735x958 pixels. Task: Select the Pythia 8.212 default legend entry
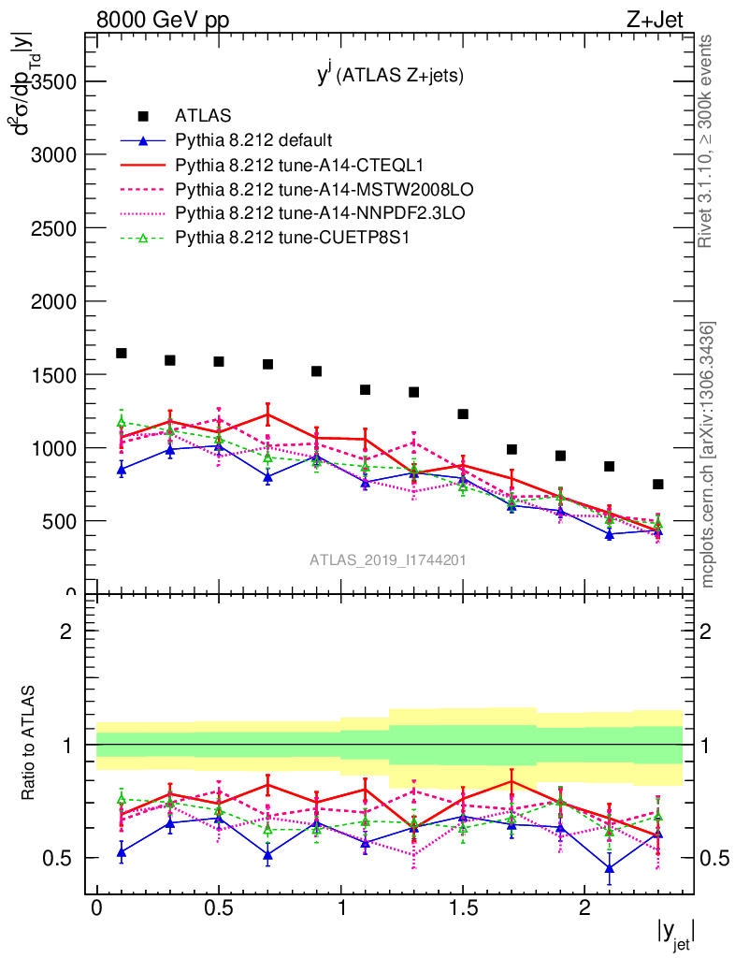click(x=253, y=141)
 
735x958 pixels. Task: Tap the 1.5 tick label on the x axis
click(x=463, y=908)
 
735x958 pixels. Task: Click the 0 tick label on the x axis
click(x=96, y=908)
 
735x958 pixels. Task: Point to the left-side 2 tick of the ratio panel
click(x=66, y=631)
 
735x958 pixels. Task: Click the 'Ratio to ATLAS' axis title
click(x=29, y=745)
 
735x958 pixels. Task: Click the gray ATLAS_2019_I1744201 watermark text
click(x=388, y=560)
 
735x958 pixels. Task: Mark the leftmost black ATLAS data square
click(x=122, y=353)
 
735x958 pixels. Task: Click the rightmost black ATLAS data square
click(x=658, y=484)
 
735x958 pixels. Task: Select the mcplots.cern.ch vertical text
click(x=709, y=454)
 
